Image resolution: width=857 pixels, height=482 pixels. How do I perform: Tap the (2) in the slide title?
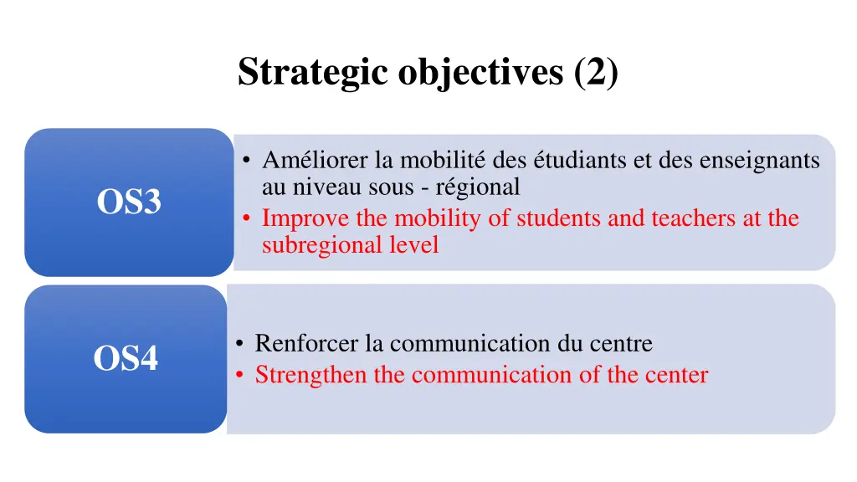point(597,72)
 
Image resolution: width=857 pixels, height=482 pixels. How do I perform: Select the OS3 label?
point(129,203)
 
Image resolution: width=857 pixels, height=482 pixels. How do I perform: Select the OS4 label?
point(126,359)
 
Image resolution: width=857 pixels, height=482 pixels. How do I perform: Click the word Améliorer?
point(304,159)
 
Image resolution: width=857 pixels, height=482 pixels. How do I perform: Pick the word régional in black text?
point(477,187)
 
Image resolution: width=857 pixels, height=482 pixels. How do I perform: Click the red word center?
point(676,375)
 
